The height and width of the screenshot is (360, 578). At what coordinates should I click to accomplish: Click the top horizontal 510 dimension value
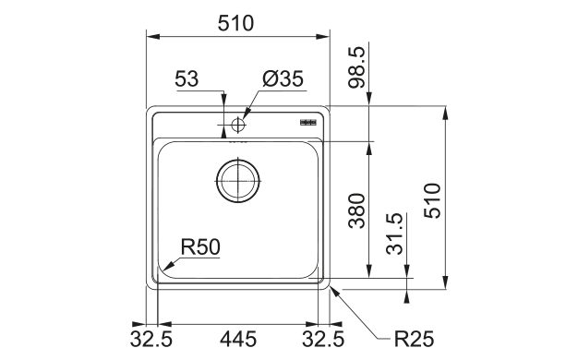[x=235, y=23]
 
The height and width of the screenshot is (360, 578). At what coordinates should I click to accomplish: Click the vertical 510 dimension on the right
[x=432, y=200]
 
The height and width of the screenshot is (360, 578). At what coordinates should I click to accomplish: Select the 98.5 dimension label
[x=356, y=67]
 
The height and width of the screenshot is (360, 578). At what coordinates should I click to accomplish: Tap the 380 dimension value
[x=356, y=210]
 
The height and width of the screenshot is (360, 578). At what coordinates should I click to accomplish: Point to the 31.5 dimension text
[x=394, y=234]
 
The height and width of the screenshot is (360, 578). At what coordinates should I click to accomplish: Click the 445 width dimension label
[x=238, y=339]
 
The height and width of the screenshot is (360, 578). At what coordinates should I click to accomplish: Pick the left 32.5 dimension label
[x=151, y=339]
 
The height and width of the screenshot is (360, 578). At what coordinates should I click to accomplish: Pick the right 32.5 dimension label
[x=323, y=339]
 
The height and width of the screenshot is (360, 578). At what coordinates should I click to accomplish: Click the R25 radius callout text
[x=414, y=339]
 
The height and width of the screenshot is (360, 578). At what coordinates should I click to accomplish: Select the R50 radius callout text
[x=200, y=246]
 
